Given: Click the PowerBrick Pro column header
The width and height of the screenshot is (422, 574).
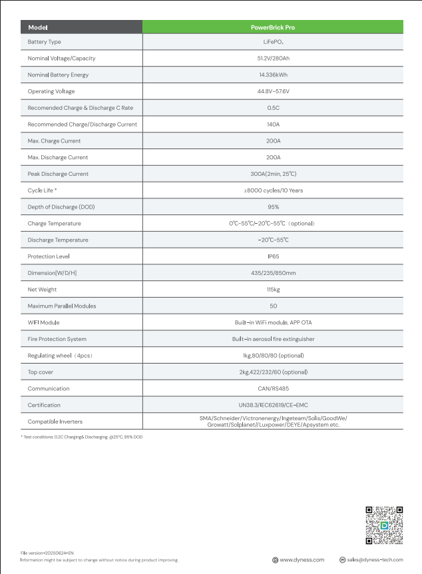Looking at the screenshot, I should click(x=273, y=28).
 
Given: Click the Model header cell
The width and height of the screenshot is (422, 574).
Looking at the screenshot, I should click(x=38, y=28).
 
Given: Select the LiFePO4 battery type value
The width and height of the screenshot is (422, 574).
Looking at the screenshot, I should click(x=273, y=42).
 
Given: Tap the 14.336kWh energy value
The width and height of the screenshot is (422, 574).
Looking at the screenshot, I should click(x=273, y=75).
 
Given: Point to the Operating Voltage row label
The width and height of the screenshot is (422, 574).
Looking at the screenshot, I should click(x=51, y=91).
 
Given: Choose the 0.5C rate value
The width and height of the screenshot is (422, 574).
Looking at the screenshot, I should click(x=273, y=108).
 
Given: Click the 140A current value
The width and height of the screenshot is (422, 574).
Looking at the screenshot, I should click(x=273, y=125).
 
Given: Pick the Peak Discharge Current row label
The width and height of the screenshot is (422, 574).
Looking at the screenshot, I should click(x=58, y=174).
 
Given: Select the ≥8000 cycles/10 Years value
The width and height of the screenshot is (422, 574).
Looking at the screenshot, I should click(x=273, y=190).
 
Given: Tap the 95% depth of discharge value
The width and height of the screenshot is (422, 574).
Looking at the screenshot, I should click(x=273, y=207).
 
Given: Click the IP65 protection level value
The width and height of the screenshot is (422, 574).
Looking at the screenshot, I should click(x=273, y=256).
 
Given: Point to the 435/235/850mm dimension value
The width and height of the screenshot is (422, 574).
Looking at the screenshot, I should click(x=273, y=273).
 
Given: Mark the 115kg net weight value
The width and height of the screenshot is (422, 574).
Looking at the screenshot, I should click(x=273, y=290).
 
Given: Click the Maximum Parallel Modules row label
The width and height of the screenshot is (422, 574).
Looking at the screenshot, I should click(x=62, y=306).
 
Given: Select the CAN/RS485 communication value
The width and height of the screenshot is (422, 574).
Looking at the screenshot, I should click(x=273, y=388).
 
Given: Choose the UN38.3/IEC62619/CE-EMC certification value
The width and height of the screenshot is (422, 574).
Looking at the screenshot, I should click(x=273, y=405).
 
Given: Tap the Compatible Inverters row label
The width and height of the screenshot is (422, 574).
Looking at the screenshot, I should click(x=55, y=422).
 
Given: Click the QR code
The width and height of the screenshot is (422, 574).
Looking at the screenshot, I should click(x=384, y=525).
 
